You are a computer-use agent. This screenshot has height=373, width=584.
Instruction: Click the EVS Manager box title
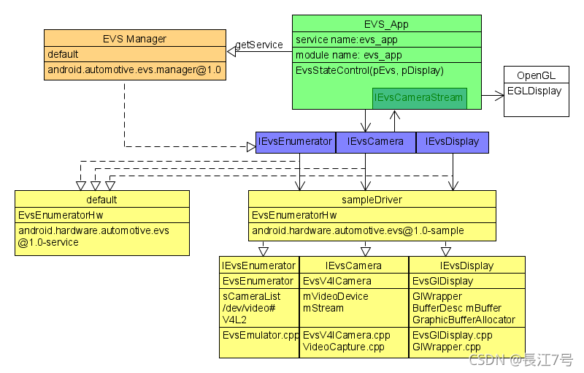click(134, 39)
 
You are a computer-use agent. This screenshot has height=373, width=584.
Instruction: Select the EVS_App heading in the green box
click(386, 24)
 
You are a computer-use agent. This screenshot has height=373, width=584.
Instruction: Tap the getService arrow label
click(259, 45)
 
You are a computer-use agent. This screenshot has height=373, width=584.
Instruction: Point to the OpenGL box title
click(536, 75)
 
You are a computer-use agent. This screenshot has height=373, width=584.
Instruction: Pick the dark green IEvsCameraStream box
click(419, 98)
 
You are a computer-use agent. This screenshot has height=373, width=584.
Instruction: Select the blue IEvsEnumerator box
click(296, 142)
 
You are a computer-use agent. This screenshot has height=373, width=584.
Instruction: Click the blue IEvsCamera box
click(375, 142)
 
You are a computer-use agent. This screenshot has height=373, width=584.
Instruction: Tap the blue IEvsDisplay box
click(452, 142)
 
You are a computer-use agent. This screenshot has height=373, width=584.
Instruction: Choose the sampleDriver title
click(372, 200)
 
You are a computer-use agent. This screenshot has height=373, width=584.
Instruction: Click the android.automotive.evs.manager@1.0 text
click(134, 71)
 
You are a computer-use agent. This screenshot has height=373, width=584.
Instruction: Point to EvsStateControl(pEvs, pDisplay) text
click(369, 71)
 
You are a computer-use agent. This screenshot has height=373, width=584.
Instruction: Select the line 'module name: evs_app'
click(348, 56)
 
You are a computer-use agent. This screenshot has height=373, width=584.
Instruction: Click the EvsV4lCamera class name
click(337, 281)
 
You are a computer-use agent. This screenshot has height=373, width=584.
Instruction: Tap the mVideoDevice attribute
click(335, 296)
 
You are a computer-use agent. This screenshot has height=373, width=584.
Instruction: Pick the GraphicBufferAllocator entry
click(464, 319)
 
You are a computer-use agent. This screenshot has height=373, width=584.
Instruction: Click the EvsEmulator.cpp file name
click(261, 335)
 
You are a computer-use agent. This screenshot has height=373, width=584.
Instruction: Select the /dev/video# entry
click(248, 308)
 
